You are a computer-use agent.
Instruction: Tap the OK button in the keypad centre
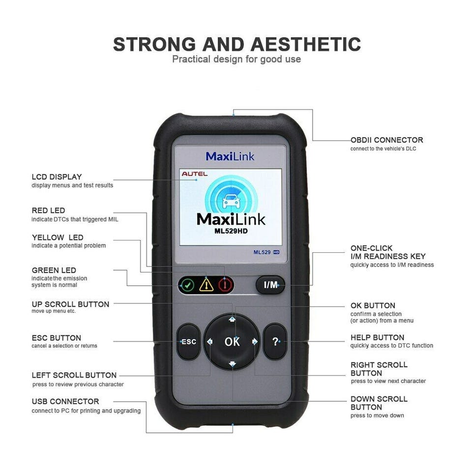232,342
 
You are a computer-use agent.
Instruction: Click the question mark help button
275,342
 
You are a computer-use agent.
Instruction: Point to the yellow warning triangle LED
206,285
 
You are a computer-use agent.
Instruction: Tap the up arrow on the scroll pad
232,319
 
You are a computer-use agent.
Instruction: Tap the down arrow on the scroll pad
232,364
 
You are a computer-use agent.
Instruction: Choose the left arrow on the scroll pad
210,341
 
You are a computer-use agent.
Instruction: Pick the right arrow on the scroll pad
255,341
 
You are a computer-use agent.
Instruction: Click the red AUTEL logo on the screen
195,174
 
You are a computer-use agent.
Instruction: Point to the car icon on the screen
231,201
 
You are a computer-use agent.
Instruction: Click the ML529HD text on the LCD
231,231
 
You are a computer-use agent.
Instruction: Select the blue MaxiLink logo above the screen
230,156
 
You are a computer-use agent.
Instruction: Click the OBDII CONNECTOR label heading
387,140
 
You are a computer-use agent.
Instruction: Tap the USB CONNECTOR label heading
65,401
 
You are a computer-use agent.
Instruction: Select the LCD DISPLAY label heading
57,177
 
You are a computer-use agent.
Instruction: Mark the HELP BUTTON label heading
378,337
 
